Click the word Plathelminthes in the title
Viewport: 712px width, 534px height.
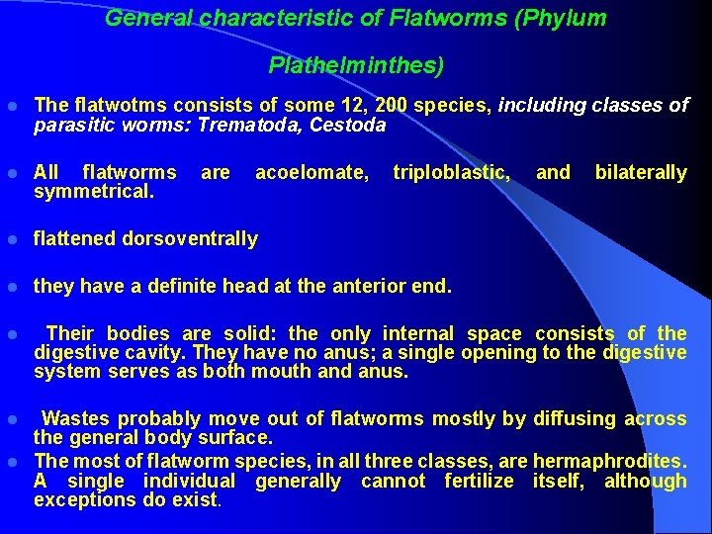356,66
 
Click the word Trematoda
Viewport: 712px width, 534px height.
250,126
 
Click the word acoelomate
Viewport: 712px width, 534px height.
311,173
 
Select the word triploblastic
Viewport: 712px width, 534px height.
451,173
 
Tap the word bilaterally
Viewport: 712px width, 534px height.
640,173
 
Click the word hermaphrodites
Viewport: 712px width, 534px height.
609,461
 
